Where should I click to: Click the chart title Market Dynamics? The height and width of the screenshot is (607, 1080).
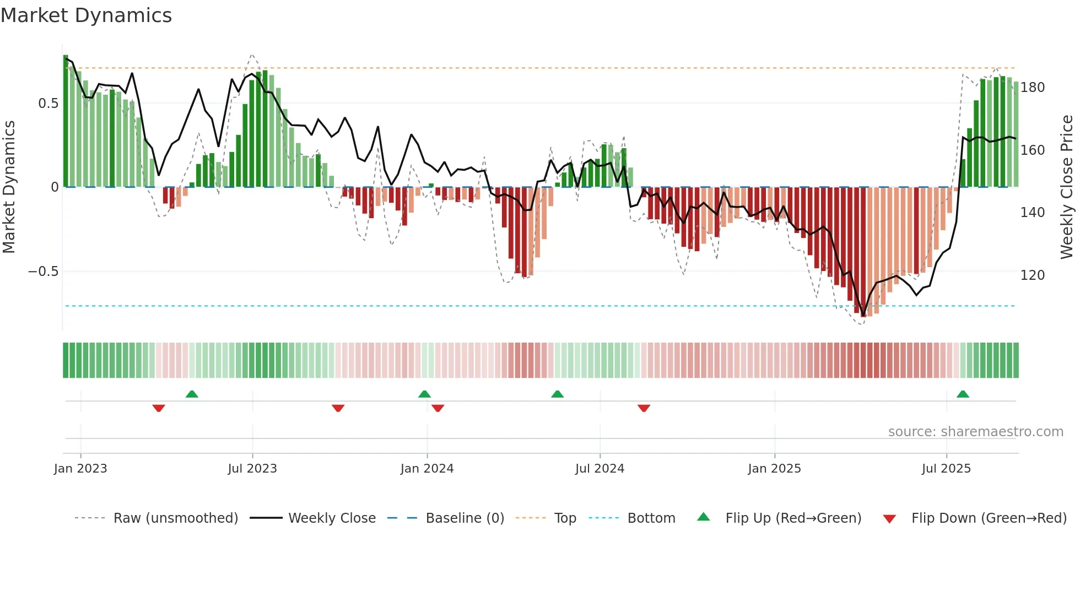(x=87, y=15)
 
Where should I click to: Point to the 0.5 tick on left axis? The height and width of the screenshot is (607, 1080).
(x=48, y=104)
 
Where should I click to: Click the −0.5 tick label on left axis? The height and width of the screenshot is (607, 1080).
(x=43, y=272)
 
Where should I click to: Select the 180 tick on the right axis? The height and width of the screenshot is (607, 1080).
(x=1032, y=88)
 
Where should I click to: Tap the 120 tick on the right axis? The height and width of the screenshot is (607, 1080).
(x=1032, y=275)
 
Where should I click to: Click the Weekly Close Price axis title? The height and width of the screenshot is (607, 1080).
(x=1067, y=187)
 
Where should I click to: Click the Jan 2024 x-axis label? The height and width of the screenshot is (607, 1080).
(x=426, y=469)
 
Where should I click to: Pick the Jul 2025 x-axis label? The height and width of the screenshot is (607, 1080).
(x=946, y=469)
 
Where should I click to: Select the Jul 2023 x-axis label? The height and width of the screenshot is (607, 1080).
(x=252, y=469)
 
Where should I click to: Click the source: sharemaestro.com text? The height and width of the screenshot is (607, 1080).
(x=975, y=432)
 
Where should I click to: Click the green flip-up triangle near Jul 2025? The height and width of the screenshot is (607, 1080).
(x=963, y=394)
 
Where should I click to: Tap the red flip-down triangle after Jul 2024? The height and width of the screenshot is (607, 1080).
(x=644, y=408)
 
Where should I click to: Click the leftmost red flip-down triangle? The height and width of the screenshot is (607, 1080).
(x=159, y=408)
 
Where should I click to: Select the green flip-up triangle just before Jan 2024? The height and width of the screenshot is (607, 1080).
(x=424, y=394)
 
